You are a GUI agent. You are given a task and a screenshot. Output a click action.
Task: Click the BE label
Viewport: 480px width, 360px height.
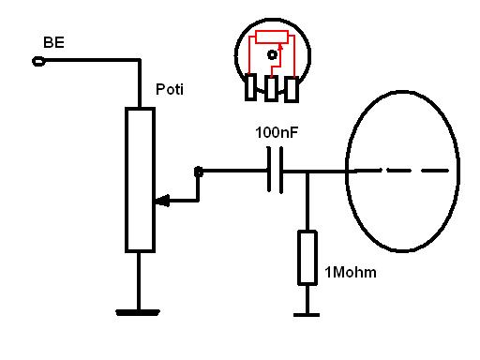53,42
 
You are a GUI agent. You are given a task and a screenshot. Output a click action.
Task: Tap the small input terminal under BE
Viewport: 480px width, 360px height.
38,62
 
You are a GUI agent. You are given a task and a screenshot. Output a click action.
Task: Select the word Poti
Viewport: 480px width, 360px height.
170,89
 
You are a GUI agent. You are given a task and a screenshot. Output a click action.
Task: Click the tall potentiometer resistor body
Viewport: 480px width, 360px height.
140,180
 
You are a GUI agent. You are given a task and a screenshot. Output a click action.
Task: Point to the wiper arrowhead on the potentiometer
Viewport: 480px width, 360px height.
162,201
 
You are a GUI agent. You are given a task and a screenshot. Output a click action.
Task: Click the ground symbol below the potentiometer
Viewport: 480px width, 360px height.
138,312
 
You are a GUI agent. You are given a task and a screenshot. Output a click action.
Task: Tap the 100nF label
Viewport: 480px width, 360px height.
277,132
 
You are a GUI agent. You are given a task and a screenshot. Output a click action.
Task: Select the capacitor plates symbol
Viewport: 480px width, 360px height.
276,170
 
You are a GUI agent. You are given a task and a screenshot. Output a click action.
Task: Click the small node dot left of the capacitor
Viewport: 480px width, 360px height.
199,172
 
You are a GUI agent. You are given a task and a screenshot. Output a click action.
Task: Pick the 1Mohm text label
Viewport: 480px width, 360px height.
351,273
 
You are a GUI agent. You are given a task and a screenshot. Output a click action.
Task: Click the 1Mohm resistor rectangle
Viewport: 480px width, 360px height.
307,258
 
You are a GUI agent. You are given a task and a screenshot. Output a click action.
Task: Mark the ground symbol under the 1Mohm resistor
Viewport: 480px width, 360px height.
307,315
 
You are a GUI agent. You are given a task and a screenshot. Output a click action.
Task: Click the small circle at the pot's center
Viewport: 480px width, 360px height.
273,55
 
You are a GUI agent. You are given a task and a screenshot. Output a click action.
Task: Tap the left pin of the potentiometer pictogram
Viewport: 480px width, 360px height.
250,87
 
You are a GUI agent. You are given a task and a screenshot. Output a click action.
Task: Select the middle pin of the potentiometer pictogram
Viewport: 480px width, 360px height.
271,89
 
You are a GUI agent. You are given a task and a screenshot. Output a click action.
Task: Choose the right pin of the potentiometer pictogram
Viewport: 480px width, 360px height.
292,90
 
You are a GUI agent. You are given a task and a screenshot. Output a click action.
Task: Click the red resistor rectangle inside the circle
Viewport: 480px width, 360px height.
272,37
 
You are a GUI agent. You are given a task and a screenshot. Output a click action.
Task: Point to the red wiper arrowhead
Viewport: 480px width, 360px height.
280,47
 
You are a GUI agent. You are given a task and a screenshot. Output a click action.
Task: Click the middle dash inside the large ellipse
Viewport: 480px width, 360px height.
399,171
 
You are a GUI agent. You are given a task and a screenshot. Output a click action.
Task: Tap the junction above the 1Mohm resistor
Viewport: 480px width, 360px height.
307,172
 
